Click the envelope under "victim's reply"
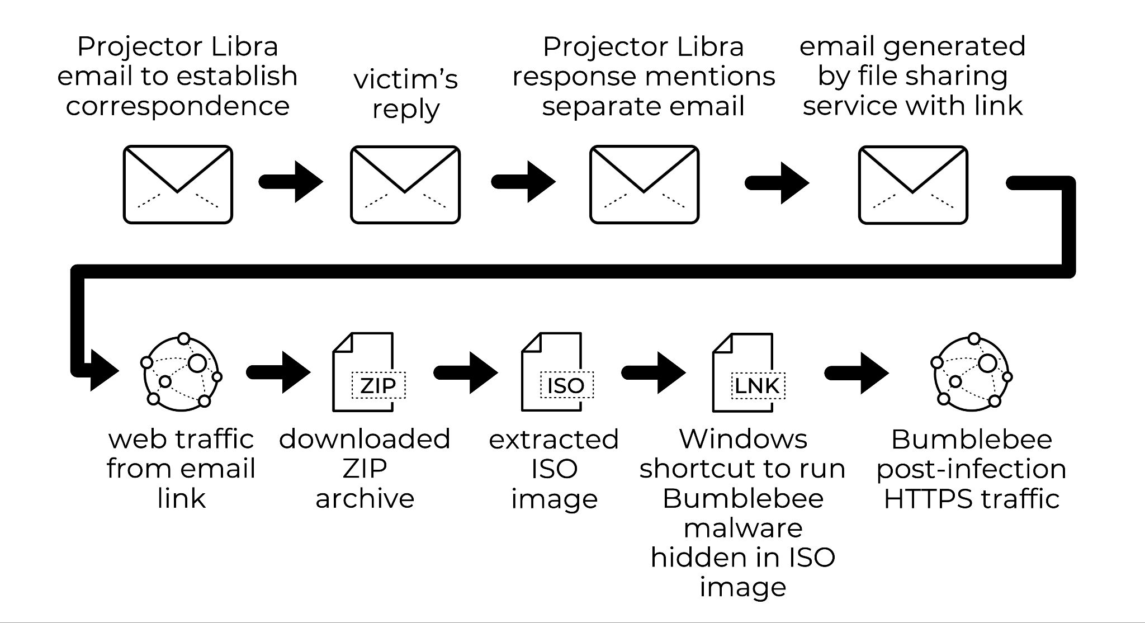tap(405, 185)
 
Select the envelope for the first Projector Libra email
tap(178, 185)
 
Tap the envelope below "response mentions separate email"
tap(644, 185)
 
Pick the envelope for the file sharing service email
tap(913, 185)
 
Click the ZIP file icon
tap(368, 372)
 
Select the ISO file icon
tap(556, 372)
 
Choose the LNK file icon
tap(748, 372)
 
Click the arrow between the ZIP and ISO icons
tap(466, 372)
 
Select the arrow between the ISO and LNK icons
tap(654, 372)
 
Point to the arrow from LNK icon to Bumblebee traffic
tap(857, 372)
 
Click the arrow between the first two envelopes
tap(291, 182)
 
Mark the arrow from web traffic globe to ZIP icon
tap(278, 372)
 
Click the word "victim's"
tap(405, 79)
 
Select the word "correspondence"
tap(178, 106)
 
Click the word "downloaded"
tap(365, 439)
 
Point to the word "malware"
tap(743, 528)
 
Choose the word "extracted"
tap(553, 440)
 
